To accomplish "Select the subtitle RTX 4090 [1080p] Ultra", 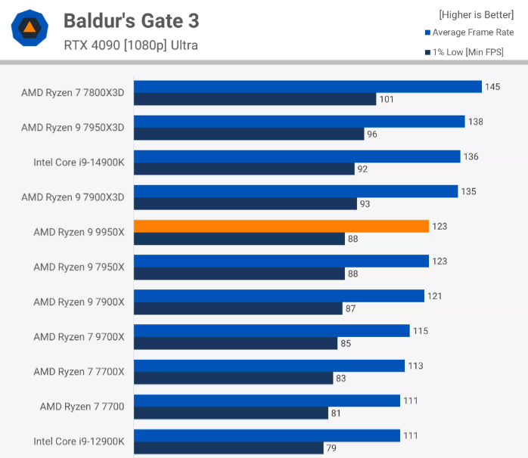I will (131, 45).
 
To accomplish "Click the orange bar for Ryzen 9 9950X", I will (281, 226).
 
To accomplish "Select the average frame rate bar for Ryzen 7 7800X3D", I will (308, 87).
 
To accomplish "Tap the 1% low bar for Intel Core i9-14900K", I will (244, 169).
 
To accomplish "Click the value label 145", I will (492, 87).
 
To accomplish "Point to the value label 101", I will (387, 99).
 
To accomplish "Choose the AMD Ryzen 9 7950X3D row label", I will (73, 128).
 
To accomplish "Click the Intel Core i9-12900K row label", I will (79, 441).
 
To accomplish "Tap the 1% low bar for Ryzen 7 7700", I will (231, 413).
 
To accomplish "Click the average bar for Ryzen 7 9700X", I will (272, 330).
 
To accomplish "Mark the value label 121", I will (435, 296).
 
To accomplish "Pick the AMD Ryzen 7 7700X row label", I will (79, 371).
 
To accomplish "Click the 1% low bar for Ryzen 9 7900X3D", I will (245, 203).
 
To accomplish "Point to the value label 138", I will (475, 122).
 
